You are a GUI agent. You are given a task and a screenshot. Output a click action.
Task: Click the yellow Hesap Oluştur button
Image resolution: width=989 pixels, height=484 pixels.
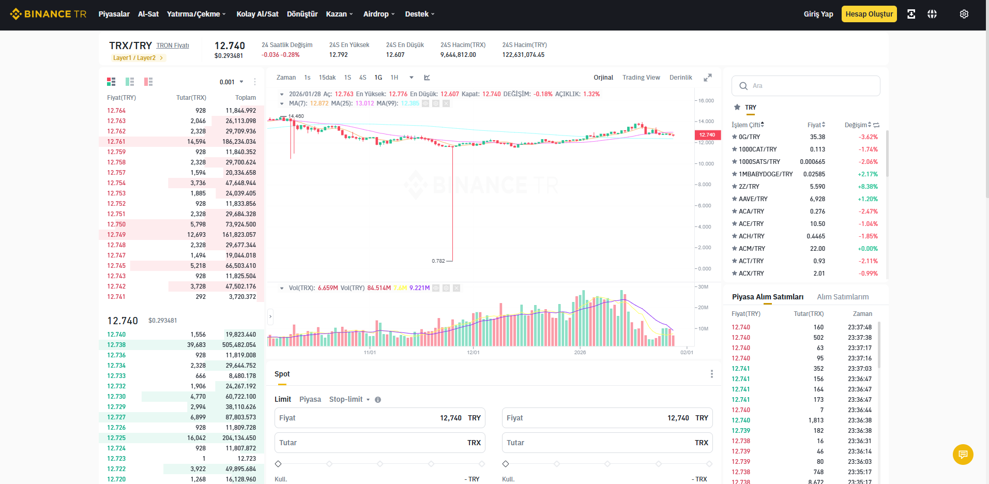tap(869, 14)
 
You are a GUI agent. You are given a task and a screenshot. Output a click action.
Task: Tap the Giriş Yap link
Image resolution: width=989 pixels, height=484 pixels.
tap(818, 14)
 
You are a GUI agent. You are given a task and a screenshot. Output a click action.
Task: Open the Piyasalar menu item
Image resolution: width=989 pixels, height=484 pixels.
tap(114, 14)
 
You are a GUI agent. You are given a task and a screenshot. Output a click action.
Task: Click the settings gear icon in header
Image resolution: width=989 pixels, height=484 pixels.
tap(964, 14)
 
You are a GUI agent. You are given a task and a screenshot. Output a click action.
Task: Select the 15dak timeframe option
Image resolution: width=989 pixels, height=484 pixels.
tap(327, 78)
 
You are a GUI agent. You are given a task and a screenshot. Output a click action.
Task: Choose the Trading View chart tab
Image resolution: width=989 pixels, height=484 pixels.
tap(641, 78)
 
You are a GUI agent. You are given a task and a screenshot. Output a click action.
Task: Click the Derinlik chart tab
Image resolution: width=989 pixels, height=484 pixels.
tap(681, 78)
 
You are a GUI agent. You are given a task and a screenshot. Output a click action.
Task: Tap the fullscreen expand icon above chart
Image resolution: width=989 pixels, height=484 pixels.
tap(708, 78)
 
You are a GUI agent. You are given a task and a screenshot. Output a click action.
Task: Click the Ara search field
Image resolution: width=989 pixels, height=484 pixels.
tap(806, 86)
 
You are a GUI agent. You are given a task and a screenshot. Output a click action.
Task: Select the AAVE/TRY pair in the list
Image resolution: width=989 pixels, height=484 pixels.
tap(753, 199)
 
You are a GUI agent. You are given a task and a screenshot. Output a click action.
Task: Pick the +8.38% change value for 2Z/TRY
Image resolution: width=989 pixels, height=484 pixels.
tap(868, 187)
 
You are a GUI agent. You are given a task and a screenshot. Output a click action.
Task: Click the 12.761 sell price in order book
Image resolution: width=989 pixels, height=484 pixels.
tap(116, 142)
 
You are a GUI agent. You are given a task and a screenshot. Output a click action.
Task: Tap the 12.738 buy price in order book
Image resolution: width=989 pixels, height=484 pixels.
tap(116, 345)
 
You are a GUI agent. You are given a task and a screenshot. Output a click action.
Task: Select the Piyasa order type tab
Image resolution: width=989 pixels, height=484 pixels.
tap(310, 399)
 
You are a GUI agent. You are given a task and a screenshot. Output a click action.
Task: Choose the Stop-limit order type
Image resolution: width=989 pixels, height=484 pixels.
tap(346, 399)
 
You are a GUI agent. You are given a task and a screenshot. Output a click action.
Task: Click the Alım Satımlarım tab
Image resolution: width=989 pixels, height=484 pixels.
tap(843, 297)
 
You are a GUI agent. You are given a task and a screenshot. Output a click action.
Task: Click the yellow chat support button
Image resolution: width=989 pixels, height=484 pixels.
tap(963, 455)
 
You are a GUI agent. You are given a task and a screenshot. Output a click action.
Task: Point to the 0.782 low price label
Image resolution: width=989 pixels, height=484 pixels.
tap(438, 261)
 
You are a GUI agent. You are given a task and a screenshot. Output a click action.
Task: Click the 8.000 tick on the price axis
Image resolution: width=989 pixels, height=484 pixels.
tap(705, 185)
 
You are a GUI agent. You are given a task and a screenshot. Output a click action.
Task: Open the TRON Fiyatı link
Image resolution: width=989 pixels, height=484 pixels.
tap(173, 46)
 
